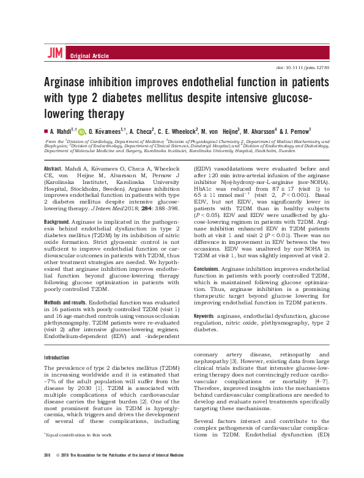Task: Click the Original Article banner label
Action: click(x=91, y=56)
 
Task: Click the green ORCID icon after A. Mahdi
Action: click(x=82, y=131)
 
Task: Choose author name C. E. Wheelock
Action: click(x=176, y=131)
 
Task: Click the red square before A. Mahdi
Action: click(x=45, y=131)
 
